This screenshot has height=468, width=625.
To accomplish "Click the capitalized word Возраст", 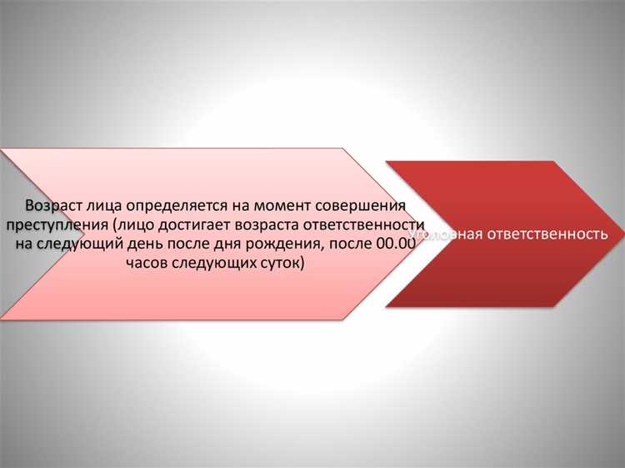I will pos(53,205).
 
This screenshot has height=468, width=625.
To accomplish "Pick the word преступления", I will pos(52,225).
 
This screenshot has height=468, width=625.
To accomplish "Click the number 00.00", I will pos(396,244).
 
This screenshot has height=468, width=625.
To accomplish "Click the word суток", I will pos(284,264).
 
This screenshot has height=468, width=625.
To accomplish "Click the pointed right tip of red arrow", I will pos(619,234).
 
